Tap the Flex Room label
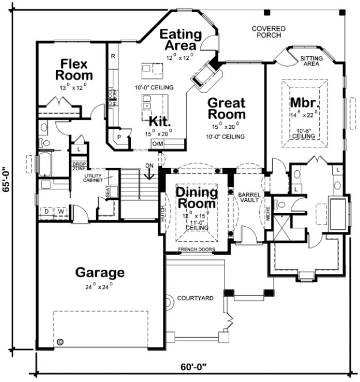(74, 68)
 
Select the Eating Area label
(180, 39)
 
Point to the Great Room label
(226, 109)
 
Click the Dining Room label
(196, 197)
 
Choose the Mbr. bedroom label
(303, 103)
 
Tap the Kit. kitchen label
(158, 121)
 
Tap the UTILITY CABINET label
(93, 178)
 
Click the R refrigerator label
(113, 56)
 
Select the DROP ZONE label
(79, 166)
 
